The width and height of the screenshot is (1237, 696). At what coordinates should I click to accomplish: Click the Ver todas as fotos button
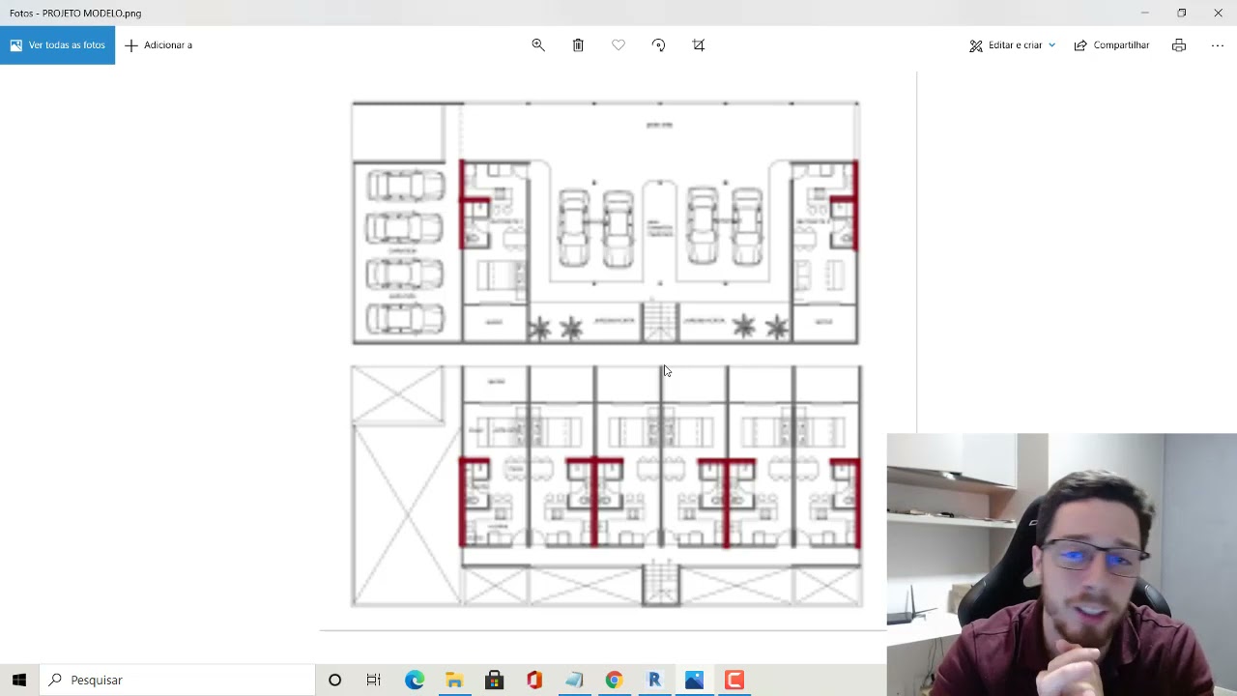tap(57, 45)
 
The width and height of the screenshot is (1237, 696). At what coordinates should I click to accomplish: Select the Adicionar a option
tap(158, 45)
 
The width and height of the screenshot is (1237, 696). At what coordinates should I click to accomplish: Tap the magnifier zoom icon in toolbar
tap(538, 45)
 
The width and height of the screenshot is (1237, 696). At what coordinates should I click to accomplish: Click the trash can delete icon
tap(578, 45)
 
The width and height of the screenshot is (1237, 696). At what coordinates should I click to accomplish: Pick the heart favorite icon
tap(618, 45)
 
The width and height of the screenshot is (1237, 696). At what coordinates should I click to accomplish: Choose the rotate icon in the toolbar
tap(659, 45)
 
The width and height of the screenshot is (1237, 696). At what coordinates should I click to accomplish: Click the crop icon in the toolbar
tap(699, 45)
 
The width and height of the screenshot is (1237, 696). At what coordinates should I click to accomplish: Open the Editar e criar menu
tap(1013, 45)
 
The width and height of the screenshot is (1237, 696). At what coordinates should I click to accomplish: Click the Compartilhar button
tap(1111, 45)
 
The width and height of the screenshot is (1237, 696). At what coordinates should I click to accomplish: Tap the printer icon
tap(1179, 45)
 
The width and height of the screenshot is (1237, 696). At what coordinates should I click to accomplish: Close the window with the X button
tap(1218, 13)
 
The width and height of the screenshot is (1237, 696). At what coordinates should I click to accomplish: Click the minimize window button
tap(1144, 13)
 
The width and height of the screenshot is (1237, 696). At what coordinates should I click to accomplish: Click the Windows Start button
tap(19, 680)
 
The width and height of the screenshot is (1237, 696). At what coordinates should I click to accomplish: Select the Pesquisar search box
tap(179, 680)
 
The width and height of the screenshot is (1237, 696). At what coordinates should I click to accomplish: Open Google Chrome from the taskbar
tap(614, 680)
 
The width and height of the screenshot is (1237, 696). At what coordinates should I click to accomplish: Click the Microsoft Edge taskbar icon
tap(415, 680)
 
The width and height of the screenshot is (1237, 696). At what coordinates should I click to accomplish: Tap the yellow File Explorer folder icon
tap(454, 680)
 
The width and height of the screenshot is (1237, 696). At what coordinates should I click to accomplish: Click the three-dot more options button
tap(1218, 45)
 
